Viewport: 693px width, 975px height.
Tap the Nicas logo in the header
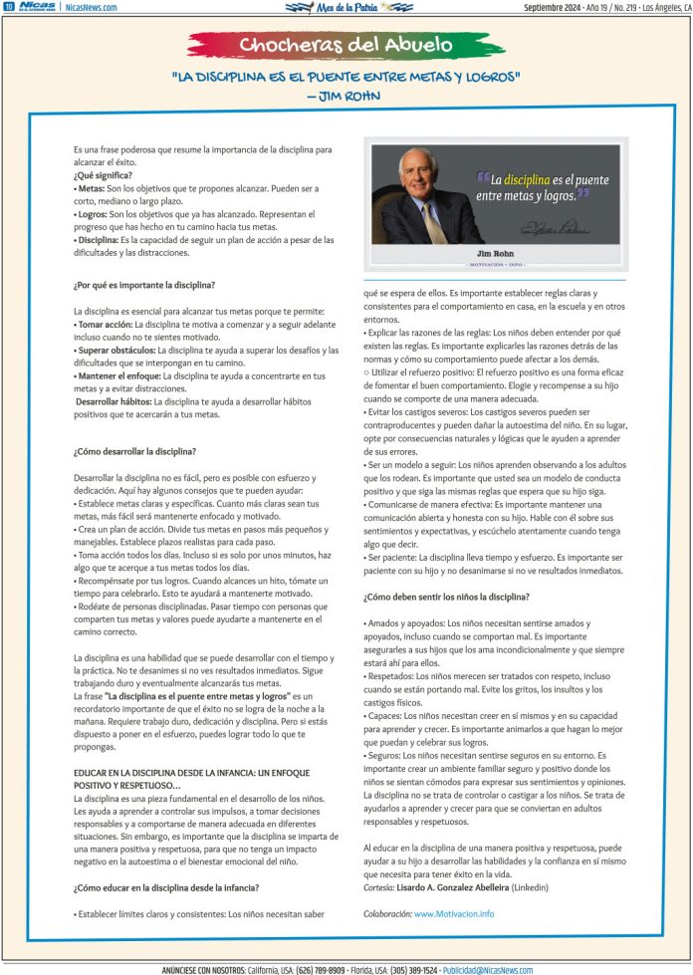36,6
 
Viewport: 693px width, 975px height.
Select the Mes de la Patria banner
347,7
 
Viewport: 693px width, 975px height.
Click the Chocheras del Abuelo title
346,45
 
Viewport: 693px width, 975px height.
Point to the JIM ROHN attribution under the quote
346,96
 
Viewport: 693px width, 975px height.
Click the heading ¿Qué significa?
104,175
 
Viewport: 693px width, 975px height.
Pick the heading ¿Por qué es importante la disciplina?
143,286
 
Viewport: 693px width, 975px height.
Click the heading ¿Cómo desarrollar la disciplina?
134,451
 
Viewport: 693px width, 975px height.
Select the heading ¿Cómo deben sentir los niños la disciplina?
446,597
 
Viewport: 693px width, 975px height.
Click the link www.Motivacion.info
454,913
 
